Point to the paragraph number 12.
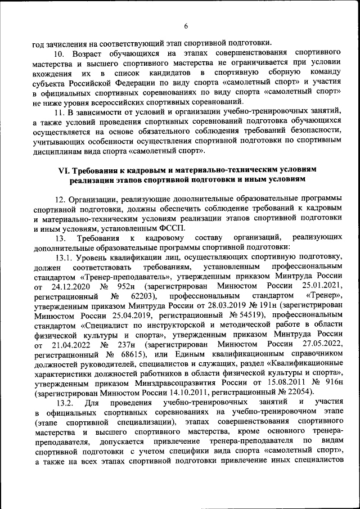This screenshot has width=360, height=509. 60,199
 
